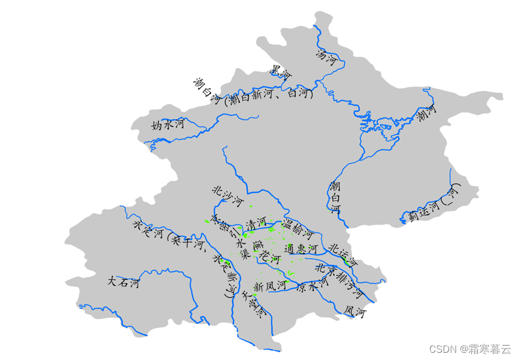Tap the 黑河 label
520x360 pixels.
[281, 73]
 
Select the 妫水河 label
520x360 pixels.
[168, 125]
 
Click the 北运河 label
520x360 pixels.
[343, 254]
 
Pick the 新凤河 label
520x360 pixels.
[269, 286]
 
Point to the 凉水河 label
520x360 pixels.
[313, 284]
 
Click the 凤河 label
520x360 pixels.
[355, 311]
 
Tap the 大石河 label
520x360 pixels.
[123, 281]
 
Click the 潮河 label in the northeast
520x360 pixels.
[426, 112]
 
